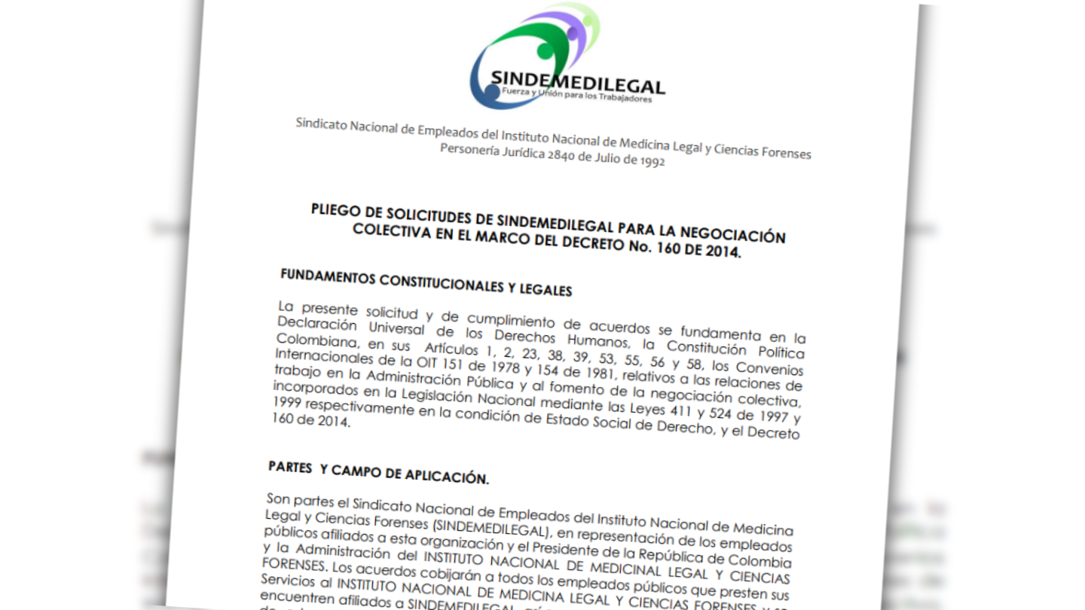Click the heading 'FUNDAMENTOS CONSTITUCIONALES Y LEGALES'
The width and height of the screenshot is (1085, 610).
point(426,282)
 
